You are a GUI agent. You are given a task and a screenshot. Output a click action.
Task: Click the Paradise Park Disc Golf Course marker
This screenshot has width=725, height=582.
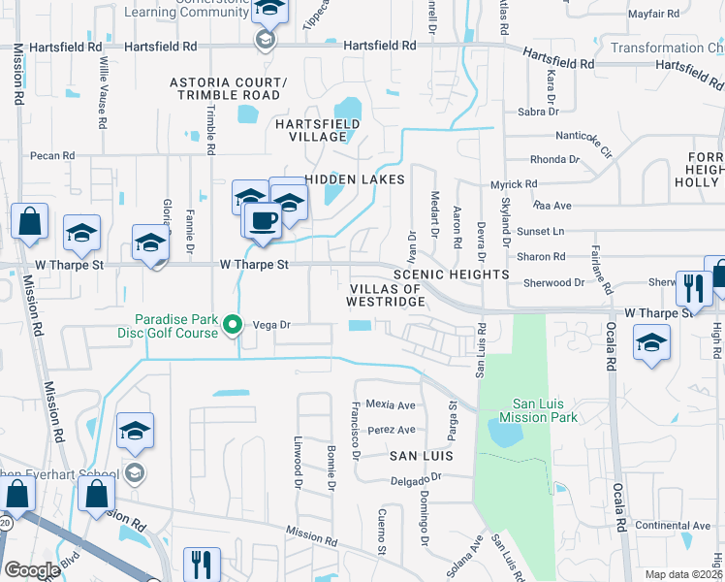coord(232,325)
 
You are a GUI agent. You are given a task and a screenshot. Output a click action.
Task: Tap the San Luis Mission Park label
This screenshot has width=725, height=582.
coord(531,410)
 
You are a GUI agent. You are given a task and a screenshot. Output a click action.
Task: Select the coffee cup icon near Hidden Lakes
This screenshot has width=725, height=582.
coord(262,220)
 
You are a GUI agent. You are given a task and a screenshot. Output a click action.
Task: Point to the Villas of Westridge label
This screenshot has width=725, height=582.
coord(386,295)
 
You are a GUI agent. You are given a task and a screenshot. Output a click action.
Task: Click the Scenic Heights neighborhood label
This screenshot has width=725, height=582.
coord(451,275)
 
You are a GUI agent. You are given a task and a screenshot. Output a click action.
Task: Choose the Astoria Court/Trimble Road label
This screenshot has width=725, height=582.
coord(228,89)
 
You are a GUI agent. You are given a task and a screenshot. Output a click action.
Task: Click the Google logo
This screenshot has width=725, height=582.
coord(32,569)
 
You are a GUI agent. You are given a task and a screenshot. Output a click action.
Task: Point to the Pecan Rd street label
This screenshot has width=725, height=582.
coord(52,155)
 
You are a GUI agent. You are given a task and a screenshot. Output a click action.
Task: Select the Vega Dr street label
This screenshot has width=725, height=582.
coord(272,326)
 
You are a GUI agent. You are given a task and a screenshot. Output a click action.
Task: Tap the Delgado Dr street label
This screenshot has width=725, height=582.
coord(416,477)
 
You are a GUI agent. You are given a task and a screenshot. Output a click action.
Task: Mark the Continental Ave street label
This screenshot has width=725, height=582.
coord(674,526)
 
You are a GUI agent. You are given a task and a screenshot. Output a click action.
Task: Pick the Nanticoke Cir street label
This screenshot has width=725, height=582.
coord(584,145)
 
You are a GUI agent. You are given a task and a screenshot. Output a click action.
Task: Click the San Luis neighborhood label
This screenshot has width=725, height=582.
coord(423,455)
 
